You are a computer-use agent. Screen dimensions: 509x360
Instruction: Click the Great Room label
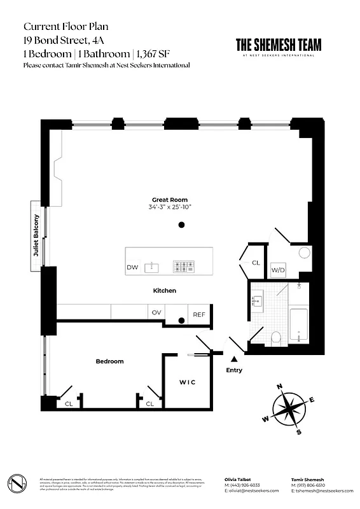[x=169, y=199]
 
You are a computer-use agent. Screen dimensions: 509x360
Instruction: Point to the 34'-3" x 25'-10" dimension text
[x=169, y=207]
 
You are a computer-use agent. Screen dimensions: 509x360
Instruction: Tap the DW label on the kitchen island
[x=132, y=267]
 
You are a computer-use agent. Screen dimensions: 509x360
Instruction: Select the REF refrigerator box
[x=199, y=314]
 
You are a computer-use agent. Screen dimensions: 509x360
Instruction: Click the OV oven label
[x=156, y=312]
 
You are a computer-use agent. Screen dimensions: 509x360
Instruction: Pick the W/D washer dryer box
[x=278, y=270]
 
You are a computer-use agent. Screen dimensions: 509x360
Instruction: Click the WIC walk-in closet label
[x=186, y=382]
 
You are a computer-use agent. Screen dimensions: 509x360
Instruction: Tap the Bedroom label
[x=109, y=361]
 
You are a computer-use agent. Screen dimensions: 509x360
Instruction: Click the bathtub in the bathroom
[x=299, y=325]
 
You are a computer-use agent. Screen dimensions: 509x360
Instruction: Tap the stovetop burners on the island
[x=185, y=267]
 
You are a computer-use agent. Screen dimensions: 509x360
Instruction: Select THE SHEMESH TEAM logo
[x=279, y=46]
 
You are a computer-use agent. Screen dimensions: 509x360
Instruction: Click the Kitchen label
[x=164, y=291]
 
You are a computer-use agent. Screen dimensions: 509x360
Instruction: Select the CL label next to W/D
[x=256, y=262]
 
